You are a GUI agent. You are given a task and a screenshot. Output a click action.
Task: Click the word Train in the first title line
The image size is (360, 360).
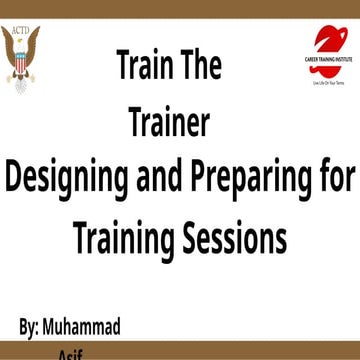(x=146, y=69)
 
